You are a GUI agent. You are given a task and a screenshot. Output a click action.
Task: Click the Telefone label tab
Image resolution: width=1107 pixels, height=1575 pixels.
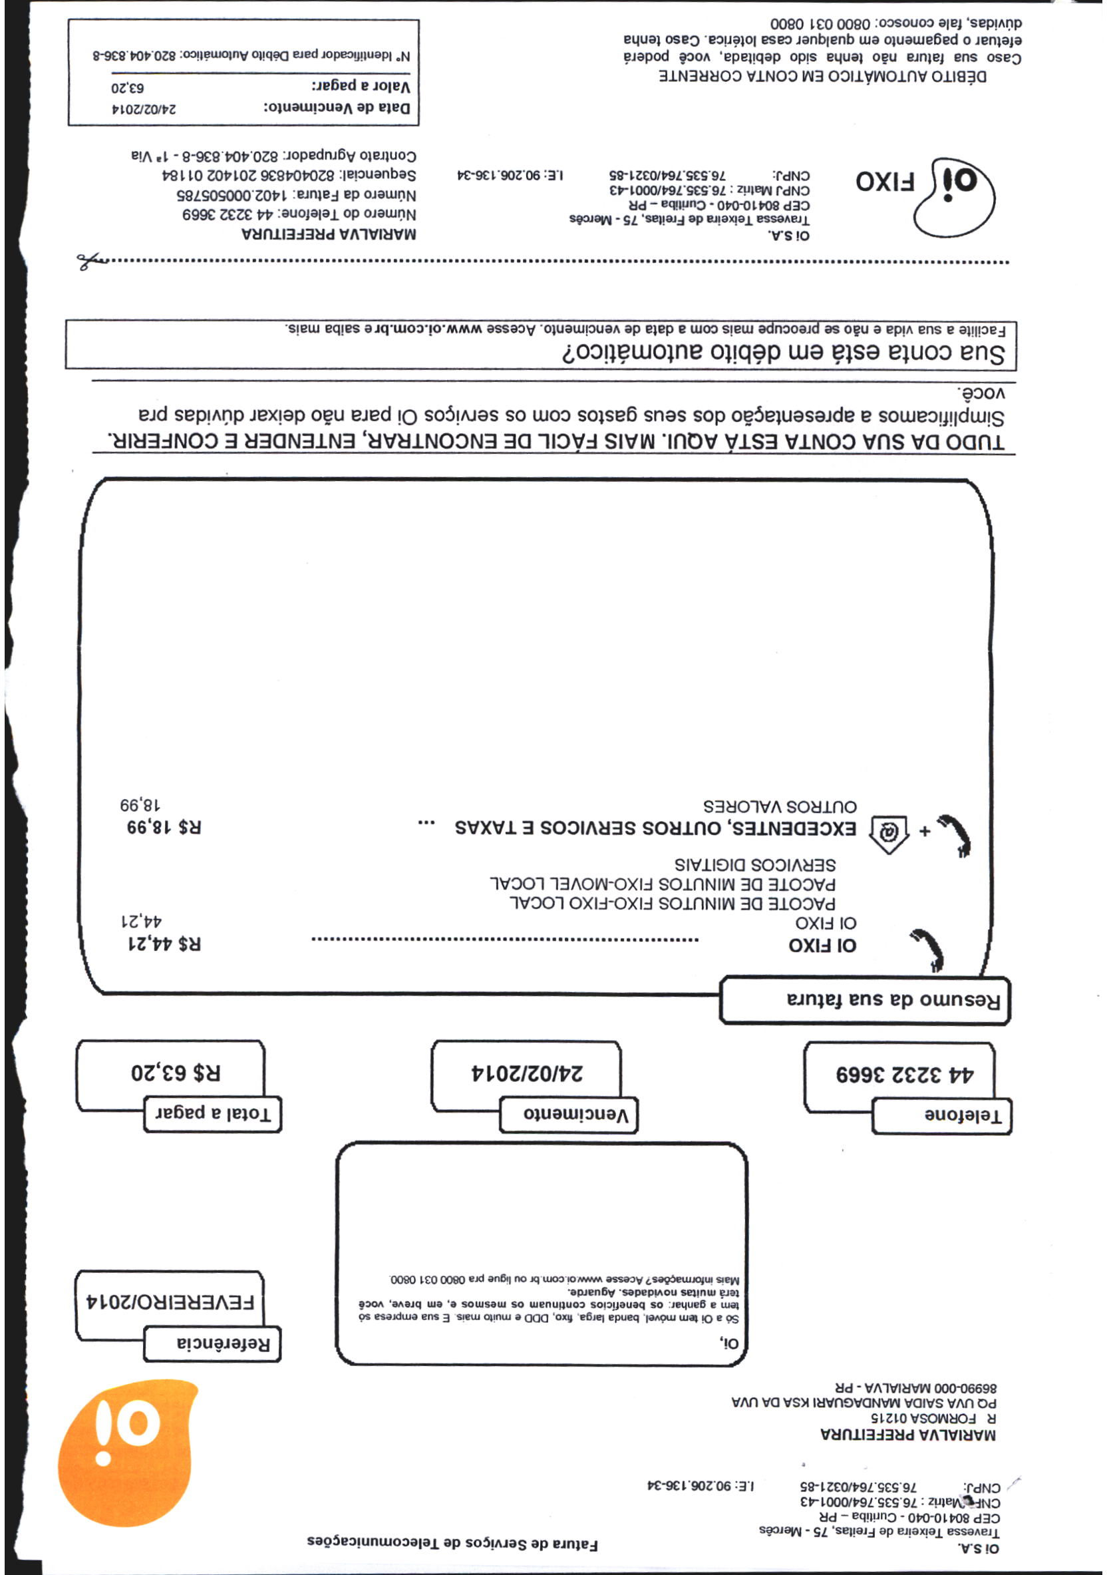(x=941, y=1116)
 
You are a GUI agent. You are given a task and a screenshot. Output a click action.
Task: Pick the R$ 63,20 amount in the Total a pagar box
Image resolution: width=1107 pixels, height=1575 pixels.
(x=176, y=1071)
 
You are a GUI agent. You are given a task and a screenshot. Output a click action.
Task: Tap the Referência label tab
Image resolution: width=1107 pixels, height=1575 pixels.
(x=213, y=1343)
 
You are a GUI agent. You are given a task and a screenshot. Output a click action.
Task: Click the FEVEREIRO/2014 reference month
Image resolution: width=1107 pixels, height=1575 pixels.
(x=170, y=1301)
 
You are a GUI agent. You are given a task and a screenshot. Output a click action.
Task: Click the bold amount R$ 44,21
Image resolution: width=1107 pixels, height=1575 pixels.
(x=164, y=944)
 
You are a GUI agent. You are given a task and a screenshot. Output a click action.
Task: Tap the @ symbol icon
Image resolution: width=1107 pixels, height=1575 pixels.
(x=889, y=833)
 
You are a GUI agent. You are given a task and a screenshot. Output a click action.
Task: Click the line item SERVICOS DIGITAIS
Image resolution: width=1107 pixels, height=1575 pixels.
(x=754, y=864)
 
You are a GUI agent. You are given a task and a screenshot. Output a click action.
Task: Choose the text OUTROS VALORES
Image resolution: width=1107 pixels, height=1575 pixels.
(x=779, y=805)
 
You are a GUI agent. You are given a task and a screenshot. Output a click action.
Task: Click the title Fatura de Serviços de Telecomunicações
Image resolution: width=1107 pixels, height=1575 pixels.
(x=452, y=1544)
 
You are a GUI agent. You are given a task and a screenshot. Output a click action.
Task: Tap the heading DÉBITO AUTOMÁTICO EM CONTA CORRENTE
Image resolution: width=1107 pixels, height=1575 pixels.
(x=823, y=76)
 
